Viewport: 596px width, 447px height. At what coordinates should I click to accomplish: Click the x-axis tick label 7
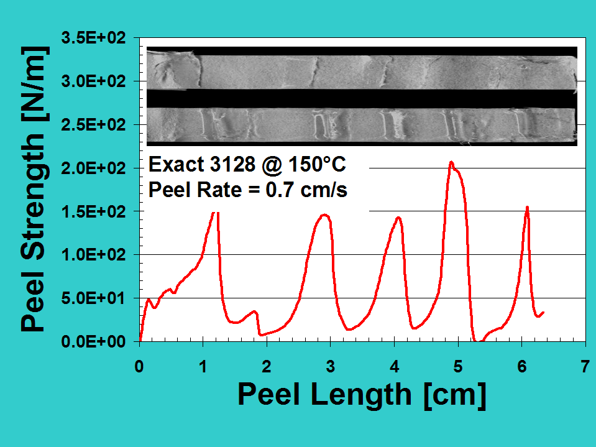585,366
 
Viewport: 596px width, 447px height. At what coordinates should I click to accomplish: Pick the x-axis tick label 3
331,366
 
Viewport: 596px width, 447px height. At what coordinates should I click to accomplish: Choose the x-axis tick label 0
139,366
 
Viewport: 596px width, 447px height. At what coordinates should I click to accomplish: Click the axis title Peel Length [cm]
361,394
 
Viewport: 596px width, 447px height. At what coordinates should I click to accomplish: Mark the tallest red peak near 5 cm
451,162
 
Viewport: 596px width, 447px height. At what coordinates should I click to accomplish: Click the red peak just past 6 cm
527,208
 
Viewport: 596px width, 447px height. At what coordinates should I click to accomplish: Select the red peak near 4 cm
398,218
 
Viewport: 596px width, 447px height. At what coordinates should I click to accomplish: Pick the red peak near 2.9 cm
324,215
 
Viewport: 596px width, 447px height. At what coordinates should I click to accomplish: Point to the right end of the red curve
543,313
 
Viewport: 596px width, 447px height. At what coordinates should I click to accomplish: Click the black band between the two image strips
362,98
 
